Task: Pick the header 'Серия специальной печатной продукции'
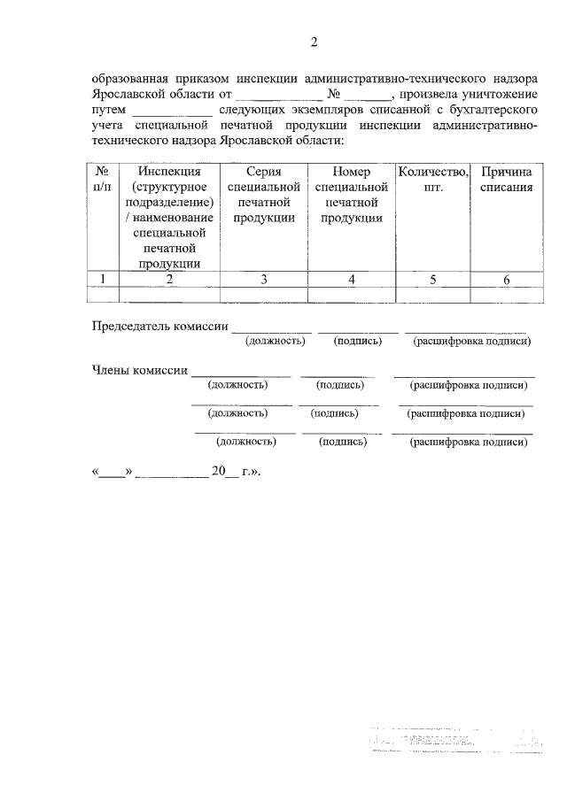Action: [x=264, y=195]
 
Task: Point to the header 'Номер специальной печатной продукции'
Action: [x=351, y=195]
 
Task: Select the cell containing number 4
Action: [x=351, y=279]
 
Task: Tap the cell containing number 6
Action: [x=506, y=279]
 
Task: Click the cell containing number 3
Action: [x=264, y=279]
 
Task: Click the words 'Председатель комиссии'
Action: [x=160, y=326]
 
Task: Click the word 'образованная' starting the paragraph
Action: [x=129, y=77]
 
